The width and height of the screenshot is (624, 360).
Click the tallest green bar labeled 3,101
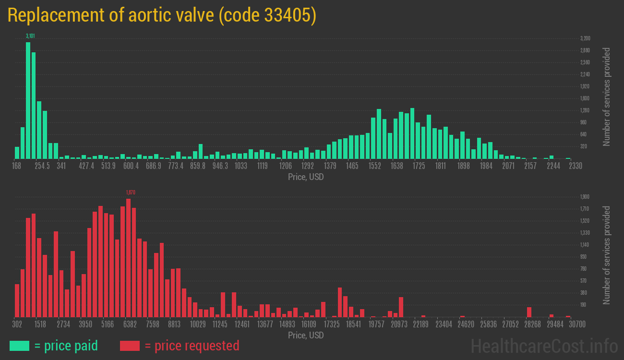tap(28, 100)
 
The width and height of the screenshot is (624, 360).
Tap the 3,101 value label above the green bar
tap(30, 36)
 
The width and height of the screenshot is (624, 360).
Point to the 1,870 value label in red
tap(131, 192)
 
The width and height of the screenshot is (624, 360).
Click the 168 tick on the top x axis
tap(17, 166)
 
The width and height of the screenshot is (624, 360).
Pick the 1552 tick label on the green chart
tap(374, 166)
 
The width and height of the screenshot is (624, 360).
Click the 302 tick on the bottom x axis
tap(17, 324)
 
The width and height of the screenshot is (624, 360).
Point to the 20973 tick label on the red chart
tap(399, 324)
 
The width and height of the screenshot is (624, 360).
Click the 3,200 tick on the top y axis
tap(585, 38)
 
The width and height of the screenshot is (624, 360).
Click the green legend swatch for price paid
tap(19, 346)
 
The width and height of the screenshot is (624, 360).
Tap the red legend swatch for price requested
tap(130, 346)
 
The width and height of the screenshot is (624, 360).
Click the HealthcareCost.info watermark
tap(544, 346)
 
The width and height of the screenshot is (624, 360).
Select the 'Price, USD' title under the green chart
tap(306, 177)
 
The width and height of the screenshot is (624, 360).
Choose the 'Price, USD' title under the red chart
tap(306, 335)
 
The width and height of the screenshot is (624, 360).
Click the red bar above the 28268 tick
tap(529, 312)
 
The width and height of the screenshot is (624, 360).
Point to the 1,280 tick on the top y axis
tap(585, 110)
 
